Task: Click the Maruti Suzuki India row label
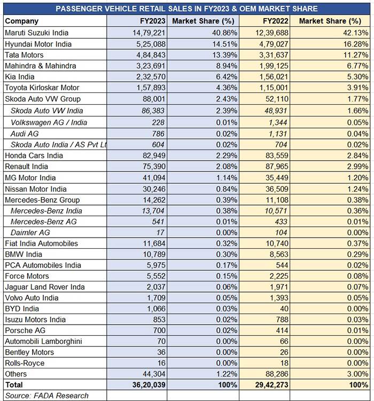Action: click(x=36, y=33)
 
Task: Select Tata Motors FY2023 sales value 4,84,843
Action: click(x=151, y=55)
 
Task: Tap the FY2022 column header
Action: click(x=276, y=21)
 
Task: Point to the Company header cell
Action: click(x=22, y=21)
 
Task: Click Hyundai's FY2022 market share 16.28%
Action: click(x=356, y=44)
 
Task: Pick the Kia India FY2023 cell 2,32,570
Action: click(x=151, y=77)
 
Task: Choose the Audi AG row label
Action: click(x=25, y=133)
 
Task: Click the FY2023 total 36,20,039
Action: click(x=149, y=384)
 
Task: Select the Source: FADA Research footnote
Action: click(x=47, y=396)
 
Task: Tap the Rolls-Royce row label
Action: click(x=25, y=363)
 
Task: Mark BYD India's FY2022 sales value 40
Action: click(x=284, y=309)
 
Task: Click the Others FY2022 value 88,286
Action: click(x=277, y=374)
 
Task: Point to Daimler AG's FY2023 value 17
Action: click(x=160, y=232)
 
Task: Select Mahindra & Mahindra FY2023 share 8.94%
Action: click(x=227, y=66)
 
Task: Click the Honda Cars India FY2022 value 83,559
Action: click(x=277, y=155)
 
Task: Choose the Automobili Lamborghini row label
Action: click(x=43, y=341)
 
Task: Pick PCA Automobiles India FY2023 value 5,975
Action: click(x=156, y=265)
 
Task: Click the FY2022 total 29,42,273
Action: click(x=271, y=384)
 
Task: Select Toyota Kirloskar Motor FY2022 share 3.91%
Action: click(x=357, y=88)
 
